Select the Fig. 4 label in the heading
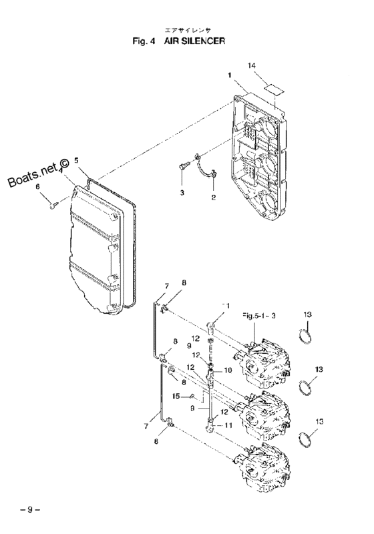[148, 41]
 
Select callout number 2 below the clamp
[213, 198]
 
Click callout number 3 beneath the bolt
[181, 192]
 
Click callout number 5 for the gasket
[76, 161]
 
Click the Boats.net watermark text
[39, 172]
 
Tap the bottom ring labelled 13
[305, 440]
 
